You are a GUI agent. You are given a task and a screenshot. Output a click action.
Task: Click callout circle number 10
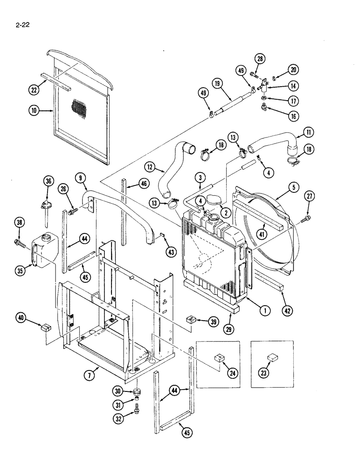[34, 111]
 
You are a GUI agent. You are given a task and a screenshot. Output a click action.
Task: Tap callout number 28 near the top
[260, 58]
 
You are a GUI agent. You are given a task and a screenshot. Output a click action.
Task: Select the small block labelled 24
[219, 357]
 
